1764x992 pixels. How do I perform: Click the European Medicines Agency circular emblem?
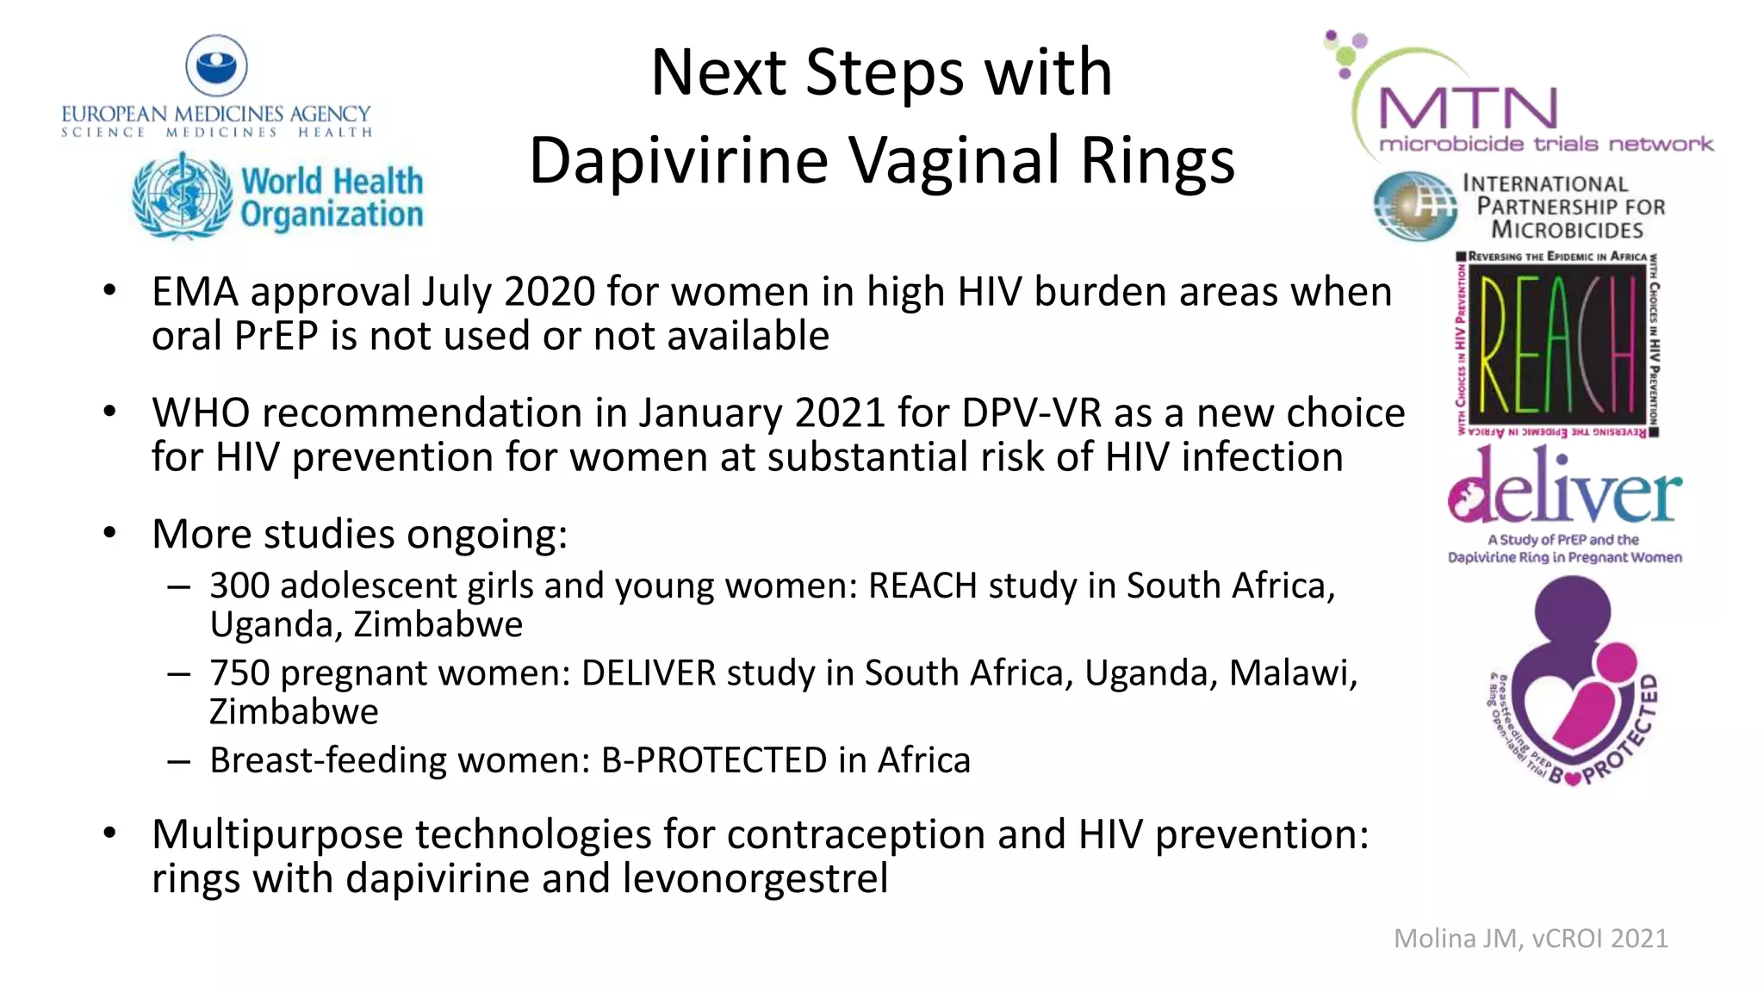216,65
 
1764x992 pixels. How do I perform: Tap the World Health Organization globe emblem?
183,195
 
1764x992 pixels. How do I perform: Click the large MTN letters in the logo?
1469,109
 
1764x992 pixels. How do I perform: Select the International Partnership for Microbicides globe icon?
1413,206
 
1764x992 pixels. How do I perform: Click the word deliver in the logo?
1564,488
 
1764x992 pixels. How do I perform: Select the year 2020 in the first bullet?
550,292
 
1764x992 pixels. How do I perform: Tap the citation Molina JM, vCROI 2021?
1531,938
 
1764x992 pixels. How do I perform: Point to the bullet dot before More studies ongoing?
109,533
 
